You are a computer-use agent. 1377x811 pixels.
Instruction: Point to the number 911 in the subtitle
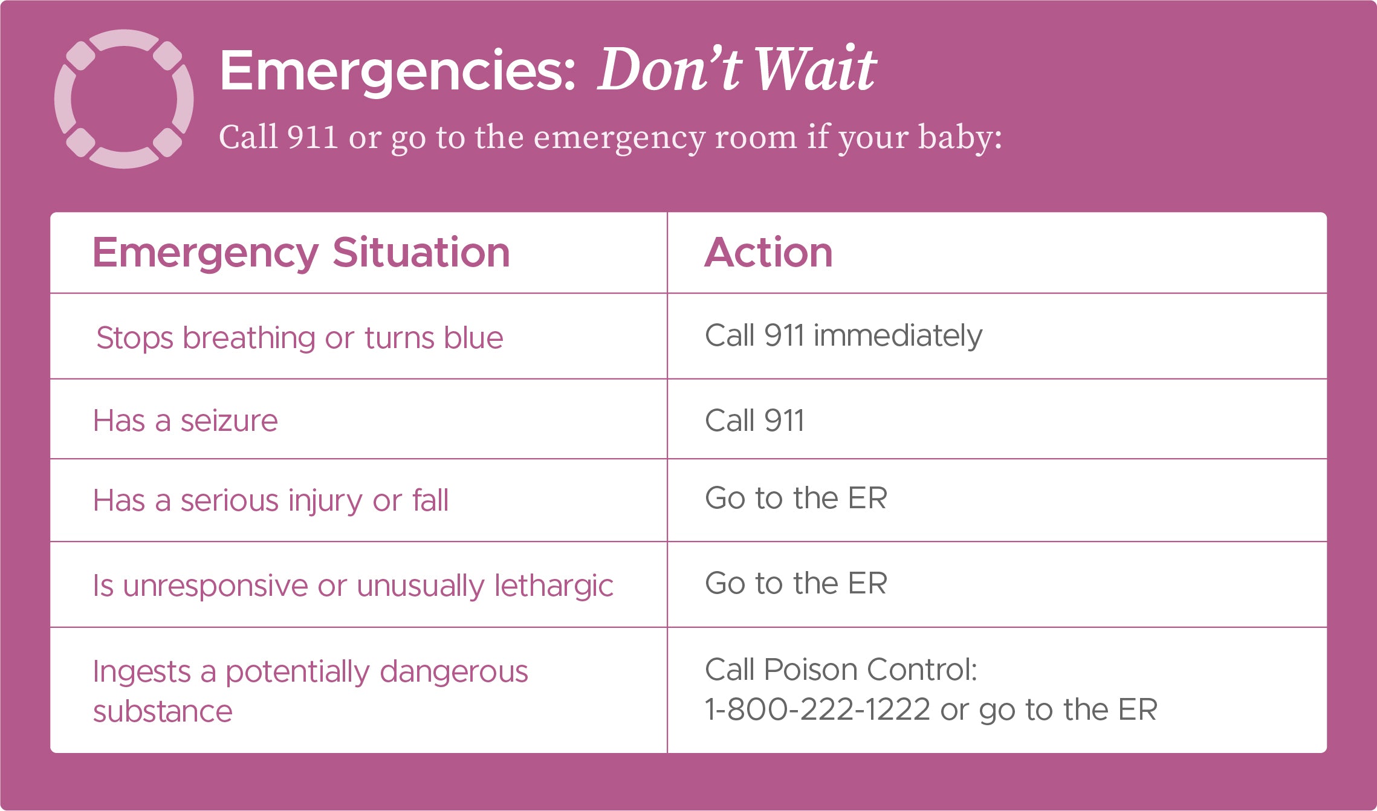(x=312, y=137)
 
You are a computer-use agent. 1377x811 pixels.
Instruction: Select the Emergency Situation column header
(x=301, y=253)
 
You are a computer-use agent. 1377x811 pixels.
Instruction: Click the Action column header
(x=769, y=252)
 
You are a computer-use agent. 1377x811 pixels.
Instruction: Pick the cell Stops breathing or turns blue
(x=300, y=337)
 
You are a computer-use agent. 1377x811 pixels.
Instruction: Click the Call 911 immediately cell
(x=843, y=335)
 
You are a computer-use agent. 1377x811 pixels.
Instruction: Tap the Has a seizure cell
(x=185, y=421)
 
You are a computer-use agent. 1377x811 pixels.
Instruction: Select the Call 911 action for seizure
(x=754, y=421)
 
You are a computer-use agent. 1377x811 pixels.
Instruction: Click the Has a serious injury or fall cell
(x=271, y=500)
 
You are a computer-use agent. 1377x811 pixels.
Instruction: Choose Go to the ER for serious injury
(x=795, y=498)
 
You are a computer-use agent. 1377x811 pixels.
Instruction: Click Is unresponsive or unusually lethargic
(x=353, y=586)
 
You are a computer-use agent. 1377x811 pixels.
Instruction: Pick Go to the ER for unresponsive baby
(x=795, y=583)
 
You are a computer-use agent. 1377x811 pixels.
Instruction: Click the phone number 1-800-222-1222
(x=817, y=709)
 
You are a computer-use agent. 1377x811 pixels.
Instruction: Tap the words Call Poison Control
(x=841, y=670)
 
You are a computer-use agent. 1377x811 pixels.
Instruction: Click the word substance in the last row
(x=163, y=711)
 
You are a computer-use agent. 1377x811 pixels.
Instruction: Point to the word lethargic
(x=554, y=586)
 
